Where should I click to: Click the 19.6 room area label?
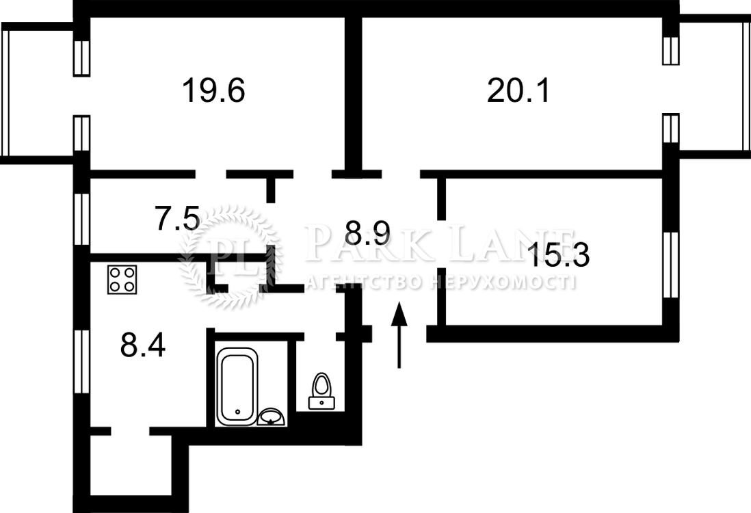pyautogui.click(x=213, y=90)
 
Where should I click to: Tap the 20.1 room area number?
pyautogui.click(x=518, y=90)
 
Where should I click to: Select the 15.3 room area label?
pyautogui.click(x=558, y=255)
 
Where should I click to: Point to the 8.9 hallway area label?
pyautogui.click(x=368, y=233)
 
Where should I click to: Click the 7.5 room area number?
pyautogui.click(x=176, y=218)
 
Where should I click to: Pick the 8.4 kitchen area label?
pyautogui.click(x=143, y=345)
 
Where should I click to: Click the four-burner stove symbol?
pyautogui.click(x=122, y=279)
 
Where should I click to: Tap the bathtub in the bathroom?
pyautogui.click(x=237, y=386)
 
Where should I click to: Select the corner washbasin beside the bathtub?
pyautogui.click(x=272, y=417)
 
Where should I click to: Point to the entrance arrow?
pyautogui.click(x=399, y=334)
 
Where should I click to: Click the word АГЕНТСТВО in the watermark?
pyautogui.click(x=363, y=282)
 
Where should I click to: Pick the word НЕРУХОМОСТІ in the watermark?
pyautogui.click(x=502, y=282)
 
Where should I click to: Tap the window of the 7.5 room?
pyautogui.click(x=82, y=219)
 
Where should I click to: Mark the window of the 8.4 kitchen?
pyautogui.click(x=82, y=361)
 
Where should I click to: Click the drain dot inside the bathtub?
pyautogui.click(x=237, y=412)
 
